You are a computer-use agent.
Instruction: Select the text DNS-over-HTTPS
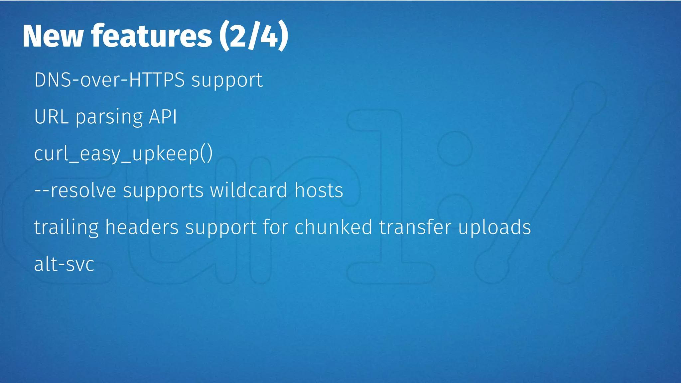(x=109, y=80)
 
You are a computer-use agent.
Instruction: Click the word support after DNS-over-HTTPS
(x=227, y=81)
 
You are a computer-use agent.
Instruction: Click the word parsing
(x=109, y=118)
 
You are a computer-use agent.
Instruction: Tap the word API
(x=163, y=117)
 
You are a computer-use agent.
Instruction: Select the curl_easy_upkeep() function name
(x=123, y=154)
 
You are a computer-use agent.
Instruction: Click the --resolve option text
(x=75, y=191)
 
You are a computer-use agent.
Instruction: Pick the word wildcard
(x=248, y=191)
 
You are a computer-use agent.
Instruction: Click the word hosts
(x=319, y=191)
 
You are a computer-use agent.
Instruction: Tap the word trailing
(x=66, y=228)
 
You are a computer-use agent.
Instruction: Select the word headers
(x=142, y=227)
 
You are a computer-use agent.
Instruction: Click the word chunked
(x=333, y=227)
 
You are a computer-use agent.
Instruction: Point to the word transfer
(x=415, y=227)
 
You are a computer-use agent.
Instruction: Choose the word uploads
(x=494, y=228)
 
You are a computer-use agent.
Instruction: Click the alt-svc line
(x=64, y=264)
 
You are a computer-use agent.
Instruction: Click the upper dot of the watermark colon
(x=455, y=148)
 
